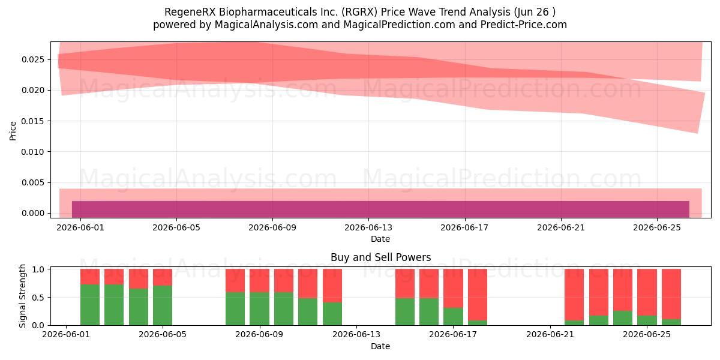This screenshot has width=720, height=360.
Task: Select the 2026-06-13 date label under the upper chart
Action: point(368,227)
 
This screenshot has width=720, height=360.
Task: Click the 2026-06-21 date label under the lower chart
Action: point(550,335)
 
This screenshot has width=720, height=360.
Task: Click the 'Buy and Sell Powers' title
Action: point(380,257)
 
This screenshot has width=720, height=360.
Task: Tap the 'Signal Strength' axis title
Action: point(22,296)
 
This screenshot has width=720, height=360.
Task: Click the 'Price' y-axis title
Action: point(13,131)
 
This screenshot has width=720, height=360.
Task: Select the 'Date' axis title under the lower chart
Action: point(380,346)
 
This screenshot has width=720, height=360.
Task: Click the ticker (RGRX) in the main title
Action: point(359,12)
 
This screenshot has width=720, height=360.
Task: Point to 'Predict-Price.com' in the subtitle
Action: point(524,25)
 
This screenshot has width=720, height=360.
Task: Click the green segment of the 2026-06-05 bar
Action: point(163,305)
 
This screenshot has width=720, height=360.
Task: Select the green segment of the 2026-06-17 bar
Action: point(453,317)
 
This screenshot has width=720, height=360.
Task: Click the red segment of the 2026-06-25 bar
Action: point(647,292)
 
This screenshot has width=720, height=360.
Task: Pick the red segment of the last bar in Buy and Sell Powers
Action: point(671,294)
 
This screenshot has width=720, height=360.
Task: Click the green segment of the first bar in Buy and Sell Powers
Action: point(90,305)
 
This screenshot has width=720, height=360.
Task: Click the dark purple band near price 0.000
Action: point(380,209)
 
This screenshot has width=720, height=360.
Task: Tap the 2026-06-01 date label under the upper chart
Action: point(80,227)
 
